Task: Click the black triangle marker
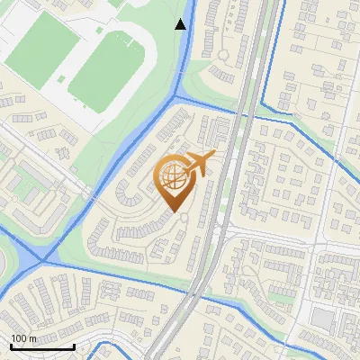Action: [x=181, y=23]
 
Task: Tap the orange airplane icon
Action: [x=199, y=164]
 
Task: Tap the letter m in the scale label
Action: [x=32, y=338]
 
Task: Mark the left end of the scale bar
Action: [x=11, y=346]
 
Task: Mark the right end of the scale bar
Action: [x=74, y=346]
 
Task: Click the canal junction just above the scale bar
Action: [x=40, y=261]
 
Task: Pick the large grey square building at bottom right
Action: [x=322, y=318]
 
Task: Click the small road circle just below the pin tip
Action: [x=184, y=217]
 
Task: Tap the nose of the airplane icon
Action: [x=214, y=156]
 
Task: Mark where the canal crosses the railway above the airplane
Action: [x=248, y=113]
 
